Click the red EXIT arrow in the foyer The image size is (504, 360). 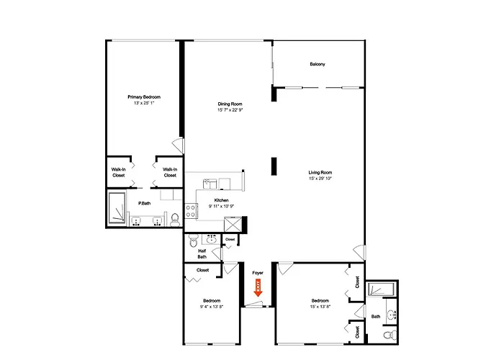(258, 288)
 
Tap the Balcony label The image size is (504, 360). (318, 64)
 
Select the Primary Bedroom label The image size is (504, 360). (144, 97)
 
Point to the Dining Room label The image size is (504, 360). (230, 104)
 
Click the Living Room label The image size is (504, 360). (320, 173)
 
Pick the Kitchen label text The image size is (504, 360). (221, 200)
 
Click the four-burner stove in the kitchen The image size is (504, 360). (191, 211)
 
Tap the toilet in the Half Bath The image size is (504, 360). (193, 240)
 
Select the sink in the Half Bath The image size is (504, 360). (211, 240)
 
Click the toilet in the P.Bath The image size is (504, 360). (174, 220)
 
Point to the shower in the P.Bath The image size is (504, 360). (117, 207)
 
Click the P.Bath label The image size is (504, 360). (144, 204)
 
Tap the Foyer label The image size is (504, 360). (258, 273)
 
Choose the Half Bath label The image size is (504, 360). (202, 254)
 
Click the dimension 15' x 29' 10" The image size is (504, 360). (320, 179)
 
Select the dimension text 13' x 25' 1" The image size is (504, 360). (144, 103)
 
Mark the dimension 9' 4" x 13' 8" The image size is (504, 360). (212, 307)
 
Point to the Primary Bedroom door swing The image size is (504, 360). (179, 145)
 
